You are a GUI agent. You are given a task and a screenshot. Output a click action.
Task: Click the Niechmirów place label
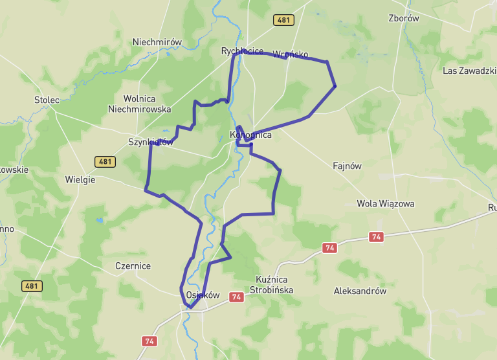pos(157,42)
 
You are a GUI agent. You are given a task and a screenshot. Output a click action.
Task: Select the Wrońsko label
pos(291,54)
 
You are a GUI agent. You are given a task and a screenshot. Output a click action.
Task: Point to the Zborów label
pos(403,18)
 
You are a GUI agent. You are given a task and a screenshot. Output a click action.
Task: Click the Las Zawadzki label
pos(469,71)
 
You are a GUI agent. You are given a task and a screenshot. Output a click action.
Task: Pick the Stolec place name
pos(47,100)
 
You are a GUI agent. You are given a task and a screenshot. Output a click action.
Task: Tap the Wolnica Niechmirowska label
pos(140,104)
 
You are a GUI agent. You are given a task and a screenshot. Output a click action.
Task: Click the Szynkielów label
pos(151,142)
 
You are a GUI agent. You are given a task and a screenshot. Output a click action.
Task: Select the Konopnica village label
pos(250,136)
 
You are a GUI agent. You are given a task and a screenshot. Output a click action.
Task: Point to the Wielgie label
pos(80,179)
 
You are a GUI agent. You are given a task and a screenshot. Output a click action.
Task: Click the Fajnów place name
pos(347,166)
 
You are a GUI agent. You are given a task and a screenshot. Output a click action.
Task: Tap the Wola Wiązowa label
pos(386,203)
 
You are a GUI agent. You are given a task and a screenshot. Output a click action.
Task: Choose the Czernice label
pos(133,266)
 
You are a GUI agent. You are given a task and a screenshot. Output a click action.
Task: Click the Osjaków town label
pos(203,295)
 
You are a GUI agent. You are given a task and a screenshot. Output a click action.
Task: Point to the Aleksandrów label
pos(360,291)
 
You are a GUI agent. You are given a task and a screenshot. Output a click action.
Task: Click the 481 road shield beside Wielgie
pos(105,161)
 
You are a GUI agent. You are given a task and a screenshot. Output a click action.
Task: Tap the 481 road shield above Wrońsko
pos(283,20)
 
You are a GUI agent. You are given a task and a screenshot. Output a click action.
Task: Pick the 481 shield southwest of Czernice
pos(32,286)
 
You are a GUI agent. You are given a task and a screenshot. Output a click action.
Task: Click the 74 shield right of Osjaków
pos(236,297)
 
